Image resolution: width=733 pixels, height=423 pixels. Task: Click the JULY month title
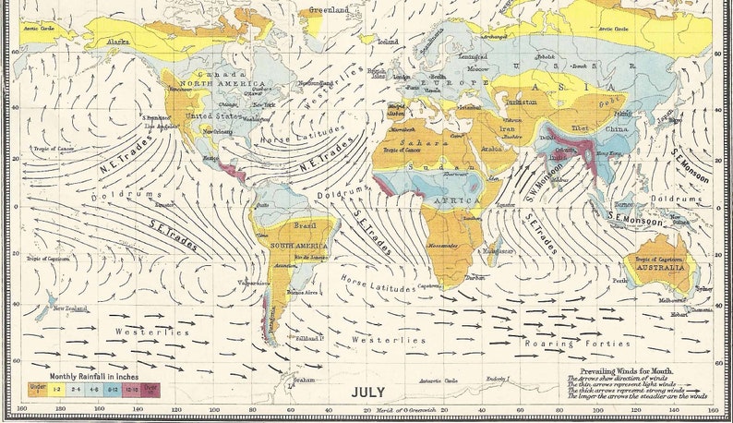367,392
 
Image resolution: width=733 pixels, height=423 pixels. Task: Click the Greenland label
330,10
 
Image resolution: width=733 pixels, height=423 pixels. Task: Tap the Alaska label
118,42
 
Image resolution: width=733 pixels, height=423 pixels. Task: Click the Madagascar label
498,250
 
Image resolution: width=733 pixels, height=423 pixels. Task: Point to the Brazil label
305,225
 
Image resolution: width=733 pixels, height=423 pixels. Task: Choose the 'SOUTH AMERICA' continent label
295,244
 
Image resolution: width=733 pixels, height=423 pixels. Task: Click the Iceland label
388,42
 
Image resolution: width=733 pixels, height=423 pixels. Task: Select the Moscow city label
477,69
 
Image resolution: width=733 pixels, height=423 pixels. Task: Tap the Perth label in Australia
619,279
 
